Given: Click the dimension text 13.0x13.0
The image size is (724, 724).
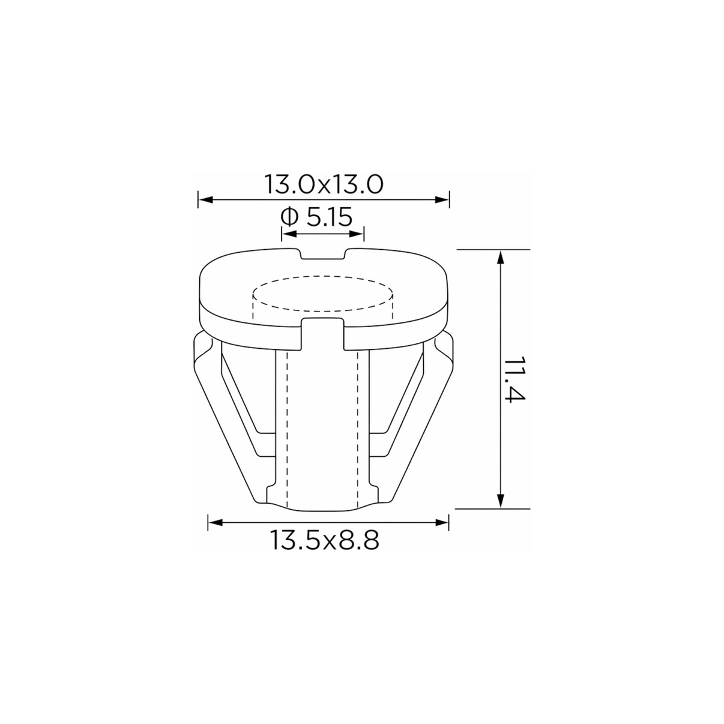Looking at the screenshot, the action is point(324,184).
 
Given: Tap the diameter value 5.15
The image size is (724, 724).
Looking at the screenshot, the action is point(330,217).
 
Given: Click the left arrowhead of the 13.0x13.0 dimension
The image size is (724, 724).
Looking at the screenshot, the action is point(205,199).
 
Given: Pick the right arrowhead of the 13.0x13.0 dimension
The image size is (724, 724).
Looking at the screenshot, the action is point(442,199).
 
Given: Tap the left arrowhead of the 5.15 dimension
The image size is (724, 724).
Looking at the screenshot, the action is point(289,234).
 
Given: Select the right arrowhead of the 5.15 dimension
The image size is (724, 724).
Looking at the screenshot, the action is point(356,234).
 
